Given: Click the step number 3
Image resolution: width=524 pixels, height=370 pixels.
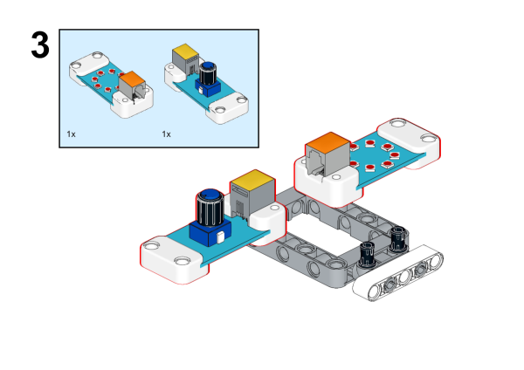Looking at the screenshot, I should click(x=39, y=45).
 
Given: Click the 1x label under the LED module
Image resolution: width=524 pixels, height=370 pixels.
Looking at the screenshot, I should click(x=72, y=134).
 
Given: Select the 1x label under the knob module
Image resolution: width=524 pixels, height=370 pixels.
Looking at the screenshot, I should click(x=166, y=134).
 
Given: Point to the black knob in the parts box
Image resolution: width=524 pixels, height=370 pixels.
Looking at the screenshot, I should click(x=209, y=73).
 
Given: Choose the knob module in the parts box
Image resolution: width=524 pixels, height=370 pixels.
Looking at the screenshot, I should click(x=205, y=83).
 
